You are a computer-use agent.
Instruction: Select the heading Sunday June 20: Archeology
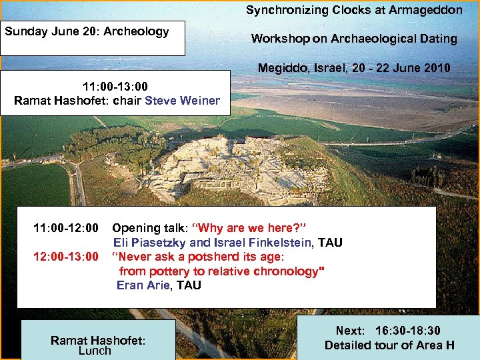[x=87, y=31]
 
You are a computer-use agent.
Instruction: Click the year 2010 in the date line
[x=437, y=68]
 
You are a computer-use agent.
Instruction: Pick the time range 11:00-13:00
[x=115, y=87]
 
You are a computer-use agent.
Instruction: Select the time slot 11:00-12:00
[x=66, y=228]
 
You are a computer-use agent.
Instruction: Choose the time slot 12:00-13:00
[x=66, y=257]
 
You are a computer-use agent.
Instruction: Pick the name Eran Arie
[x=145, y=285]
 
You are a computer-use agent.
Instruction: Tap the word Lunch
[x=95, y=351]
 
